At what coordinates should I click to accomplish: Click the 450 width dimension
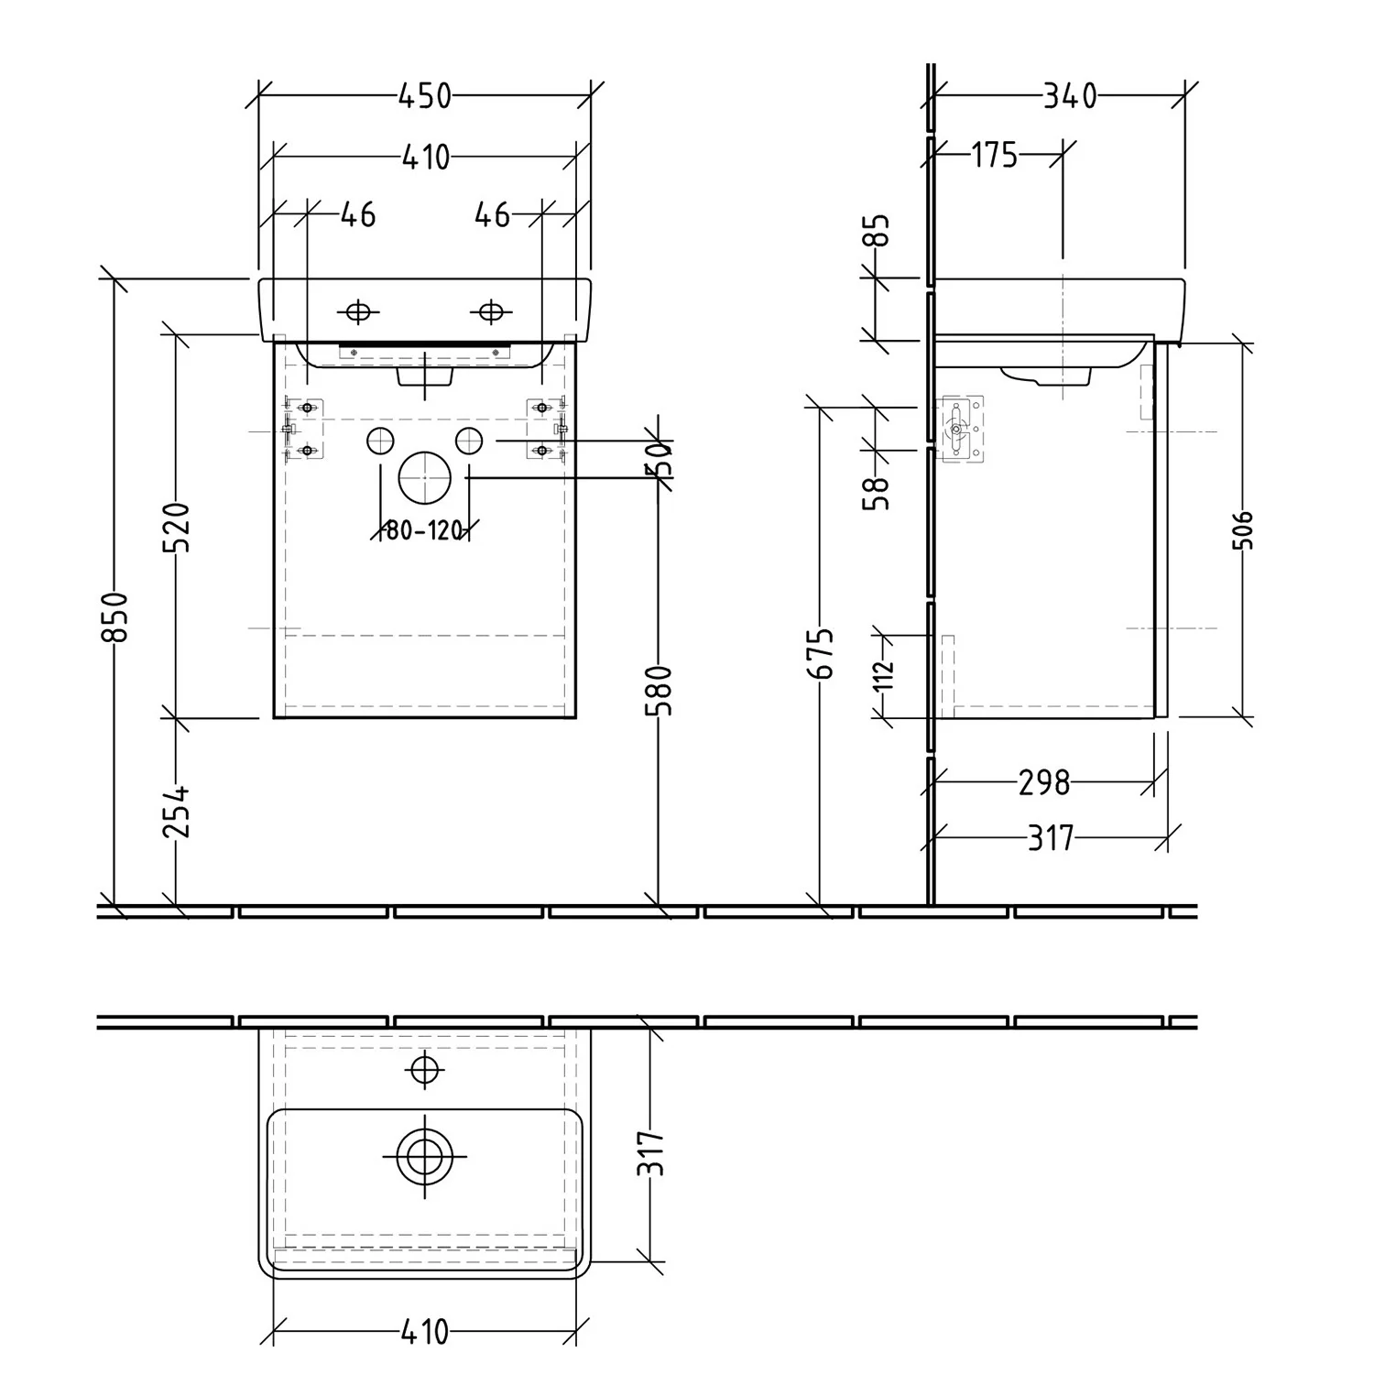tap(425, 95)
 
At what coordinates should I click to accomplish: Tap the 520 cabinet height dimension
tap(176, 527)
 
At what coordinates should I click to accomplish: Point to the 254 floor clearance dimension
tap(176, 811)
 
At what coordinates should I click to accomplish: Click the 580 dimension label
tap(662, 691)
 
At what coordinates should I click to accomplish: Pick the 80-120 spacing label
tap(423, 530)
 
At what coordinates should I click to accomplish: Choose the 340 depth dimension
tap(1070, 95)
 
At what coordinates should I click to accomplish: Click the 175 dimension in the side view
tap(995, 156)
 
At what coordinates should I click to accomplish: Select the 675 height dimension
tap(823, 653)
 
